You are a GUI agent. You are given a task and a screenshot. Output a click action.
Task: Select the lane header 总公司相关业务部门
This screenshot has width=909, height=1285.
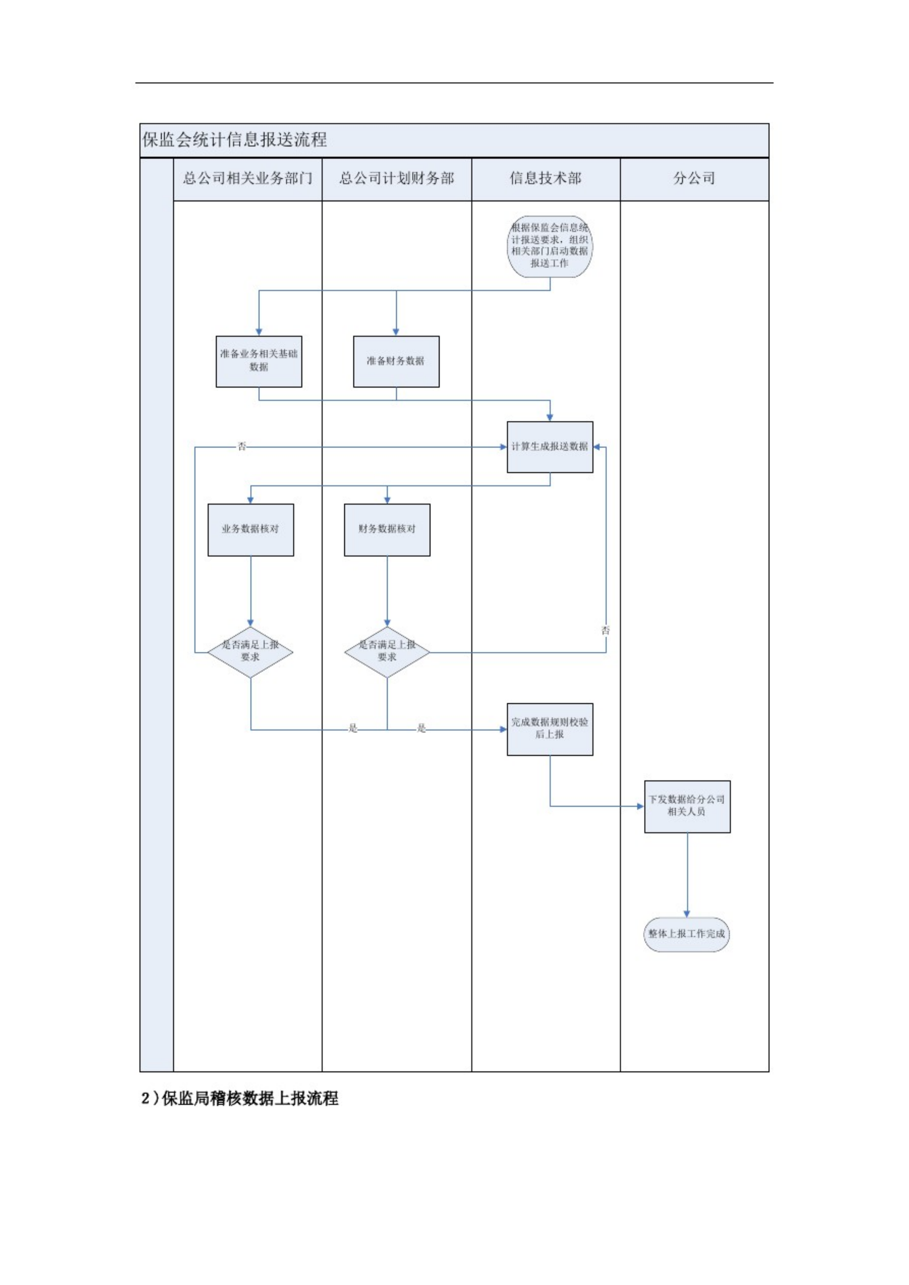[247, 179]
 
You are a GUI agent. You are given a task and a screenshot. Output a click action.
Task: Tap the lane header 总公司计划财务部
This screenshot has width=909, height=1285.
[396, 179]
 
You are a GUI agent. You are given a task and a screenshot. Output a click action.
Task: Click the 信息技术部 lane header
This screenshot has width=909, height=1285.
[545, 179]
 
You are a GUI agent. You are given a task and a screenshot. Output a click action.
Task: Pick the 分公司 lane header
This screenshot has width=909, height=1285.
[694, 179]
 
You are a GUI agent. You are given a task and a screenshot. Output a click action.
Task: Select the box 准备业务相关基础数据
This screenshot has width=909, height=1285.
[258, 361]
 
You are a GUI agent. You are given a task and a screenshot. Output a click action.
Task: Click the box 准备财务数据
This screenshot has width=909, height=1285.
[396, 361]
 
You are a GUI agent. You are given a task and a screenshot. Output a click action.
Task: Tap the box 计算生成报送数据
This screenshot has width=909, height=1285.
[550, 447]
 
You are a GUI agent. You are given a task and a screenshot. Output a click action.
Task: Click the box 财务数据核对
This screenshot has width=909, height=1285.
[387, 529]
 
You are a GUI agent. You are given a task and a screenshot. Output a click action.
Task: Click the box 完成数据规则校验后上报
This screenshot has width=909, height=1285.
[550, 729]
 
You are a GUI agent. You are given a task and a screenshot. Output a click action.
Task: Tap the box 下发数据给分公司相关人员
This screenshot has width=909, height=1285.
[687, 806]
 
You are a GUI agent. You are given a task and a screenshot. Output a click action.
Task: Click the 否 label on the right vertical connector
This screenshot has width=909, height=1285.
[605, 630]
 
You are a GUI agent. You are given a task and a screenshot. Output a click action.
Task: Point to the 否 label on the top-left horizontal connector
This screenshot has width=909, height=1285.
[242, 447]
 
